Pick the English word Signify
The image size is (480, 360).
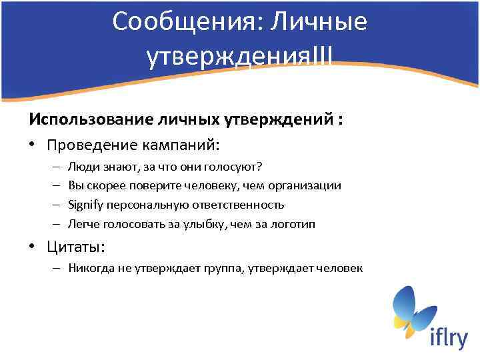[x=85, y=205]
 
